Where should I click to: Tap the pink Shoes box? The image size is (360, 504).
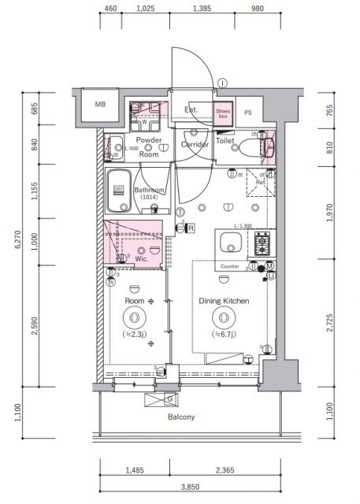point(225,113)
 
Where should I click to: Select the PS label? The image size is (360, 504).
point(249,113)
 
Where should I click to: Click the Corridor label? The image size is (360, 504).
point(195,145)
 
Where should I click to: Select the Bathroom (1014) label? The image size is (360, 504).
point(148,194)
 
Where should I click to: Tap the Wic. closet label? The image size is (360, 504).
point(142,258)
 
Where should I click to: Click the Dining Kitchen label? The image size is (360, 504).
point(224,301)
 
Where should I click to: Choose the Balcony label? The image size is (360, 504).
point(180,417)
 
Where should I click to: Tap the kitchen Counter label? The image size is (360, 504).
point(229,266)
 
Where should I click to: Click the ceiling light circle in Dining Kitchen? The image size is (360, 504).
point(225,317)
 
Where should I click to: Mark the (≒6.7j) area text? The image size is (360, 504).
point(224,335)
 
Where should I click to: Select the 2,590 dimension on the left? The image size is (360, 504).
point(34,324)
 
